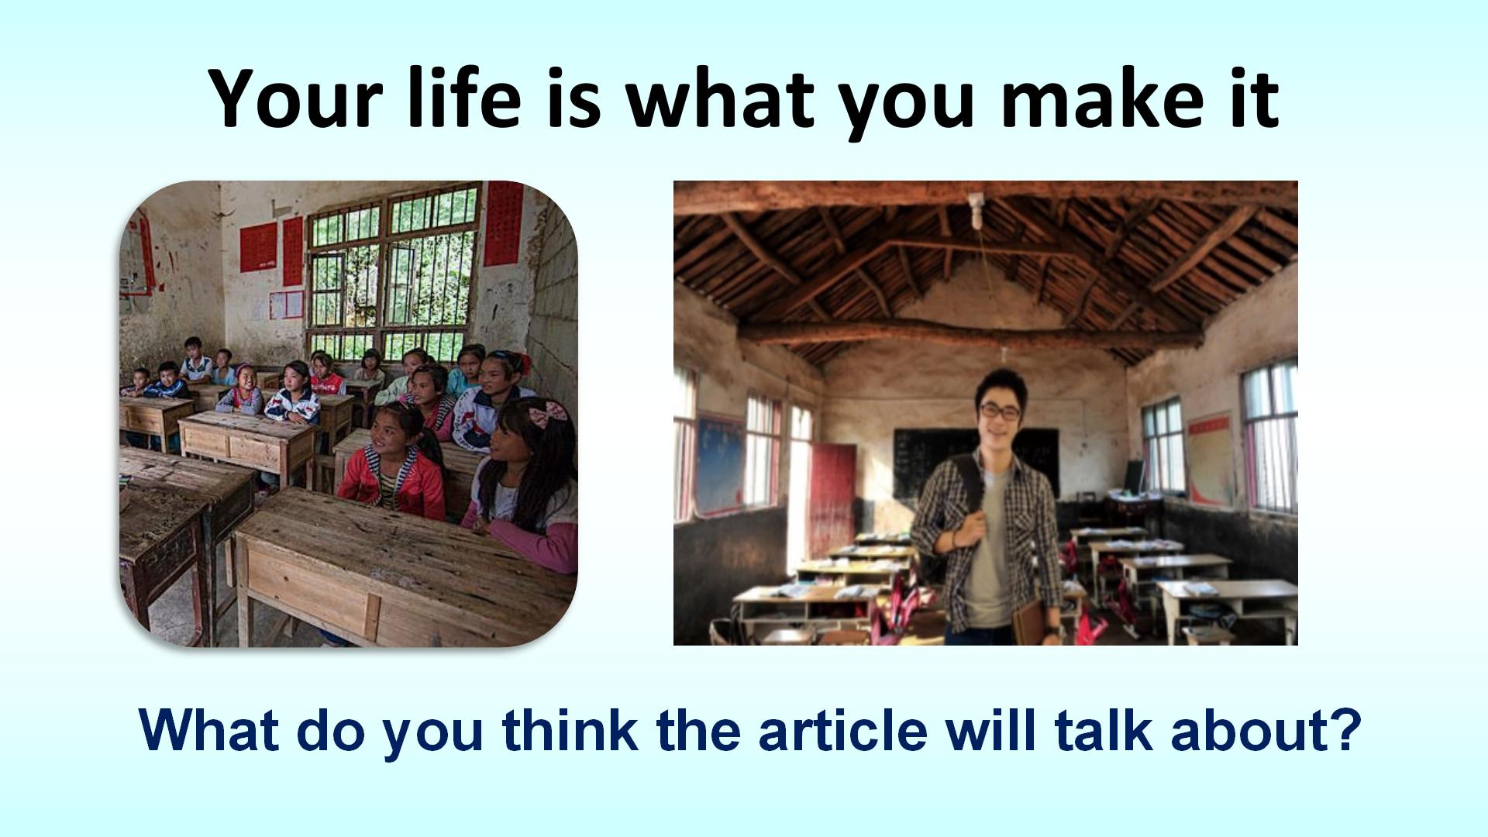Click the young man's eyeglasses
[x=1000, y=412]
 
